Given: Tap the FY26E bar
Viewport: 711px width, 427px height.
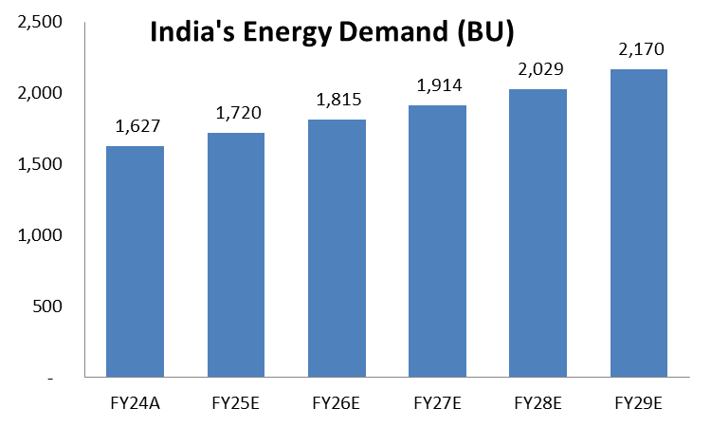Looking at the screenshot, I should pos(337,248).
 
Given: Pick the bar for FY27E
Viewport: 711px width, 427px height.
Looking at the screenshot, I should pos(438,241).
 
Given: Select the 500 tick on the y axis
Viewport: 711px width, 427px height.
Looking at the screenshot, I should pos(45,306).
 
